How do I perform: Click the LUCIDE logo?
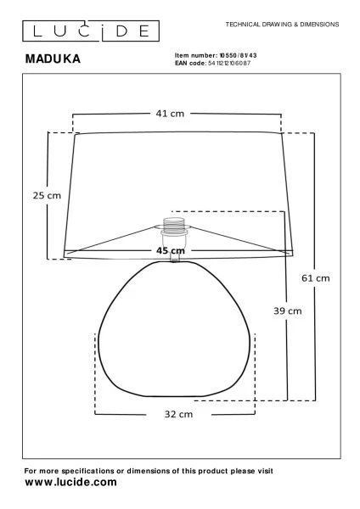(x=91, y=31)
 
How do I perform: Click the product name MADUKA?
(x=53, y=59)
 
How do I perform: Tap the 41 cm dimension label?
(x=170, y=114)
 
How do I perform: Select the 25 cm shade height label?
(x=47, y=195)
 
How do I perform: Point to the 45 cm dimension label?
(x=171, y=250)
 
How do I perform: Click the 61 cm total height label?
(x=316, y=278)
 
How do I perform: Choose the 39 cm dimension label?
(x=288, y=311)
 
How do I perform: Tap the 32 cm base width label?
(x=178, y=414)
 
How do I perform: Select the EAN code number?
(x=229, y=63)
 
